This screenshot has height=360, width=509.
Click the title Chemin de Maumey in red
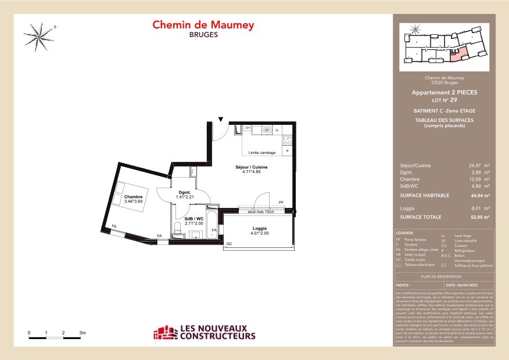click(203, 25)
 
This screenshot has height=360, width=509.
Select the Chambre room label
click(133, 197)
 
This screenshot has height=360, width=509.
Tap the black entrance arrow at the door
click(221, 120)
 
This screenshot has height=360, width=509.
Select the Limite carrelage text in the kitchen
click(261, 153)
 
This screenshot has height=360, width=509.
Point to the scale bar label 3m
click(83, 333)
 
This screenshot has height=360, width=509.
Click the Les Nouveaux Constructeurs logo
click(204, 333)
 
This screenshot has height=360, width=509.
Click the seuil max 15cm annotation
click(260, 211)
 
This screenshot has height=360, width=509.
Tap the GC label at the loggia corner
click(230, 243)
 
